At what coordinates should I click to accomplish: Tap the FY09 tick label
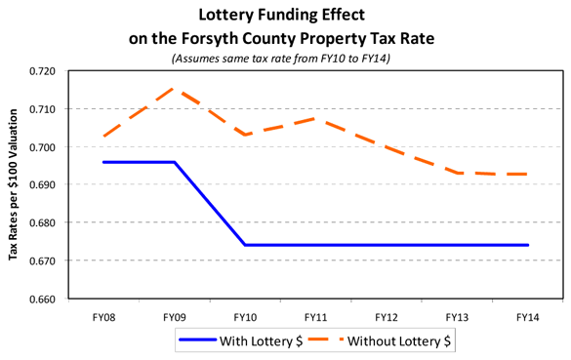pos(175,317)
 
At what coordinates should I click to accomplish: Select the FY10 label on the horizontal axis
pos(245,317)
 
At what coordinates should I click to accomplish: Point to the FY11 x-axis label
pos(316,317)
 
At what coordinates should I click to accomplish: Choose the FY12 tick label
pos(387,317)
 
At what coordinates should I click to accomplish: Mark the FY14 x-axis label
pos(528,317)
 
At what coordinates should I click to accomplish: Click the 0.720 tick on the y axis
pos(45,71)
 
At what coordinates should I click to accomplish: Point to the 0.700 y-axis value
pos(45,147)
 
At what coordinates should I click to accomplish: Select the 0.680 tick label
pos(45,223)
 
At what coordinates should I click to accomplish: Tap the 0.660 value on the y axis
pos(45,300)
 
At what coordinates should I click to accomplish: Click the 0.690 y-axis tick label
pos(45,185)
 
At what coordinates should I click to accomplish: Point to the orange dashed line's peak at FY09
pos(175,89)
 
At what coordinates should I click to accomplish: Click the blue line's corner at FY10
pos(245,245)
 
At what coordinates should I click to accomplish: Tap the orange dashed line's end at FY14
pos(528,174)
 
